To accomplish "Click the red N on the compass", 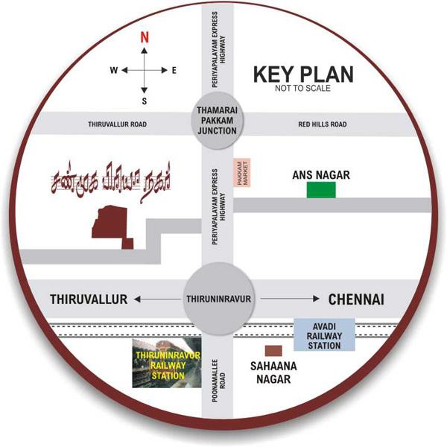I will (145, 37).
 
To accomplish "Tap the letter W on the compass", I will (114, 71).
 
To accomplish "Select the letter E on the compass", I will (174, 71).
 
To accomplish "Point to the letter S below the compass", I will (145, 101).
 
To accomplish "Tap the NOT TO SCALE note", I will (302, 89).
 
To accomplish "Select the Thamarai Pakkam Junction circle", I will (217, 119).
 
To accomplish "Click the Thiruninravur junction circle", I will (218, 299).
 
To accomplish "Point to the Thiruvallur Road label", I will (115, 124).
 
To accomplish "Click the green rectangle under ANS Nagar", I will (321, 190).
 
